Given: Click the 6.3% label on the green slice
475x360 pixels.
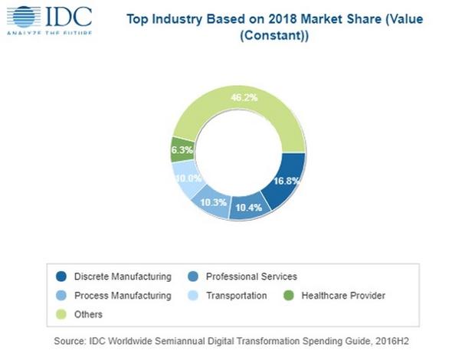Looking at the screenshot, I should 182,150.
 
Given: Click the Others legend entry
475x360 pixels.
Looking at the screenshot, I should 88,314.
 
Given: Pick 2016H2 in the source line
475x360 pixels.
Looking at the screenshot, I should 396,340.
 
